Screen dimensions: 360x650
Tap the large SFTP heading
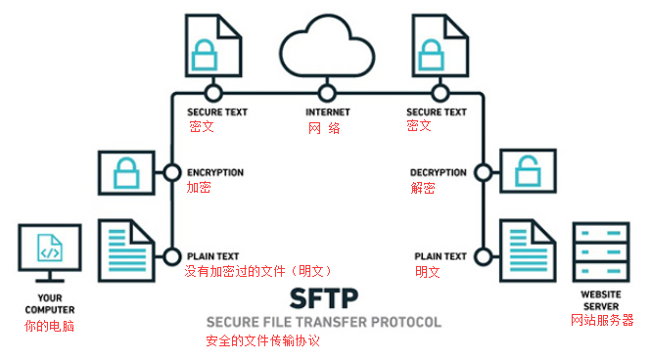pos(324,295)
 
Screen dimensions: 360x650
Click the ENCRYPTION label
pos(214,172)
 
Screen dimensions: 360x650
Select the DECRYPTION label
pos(438,172)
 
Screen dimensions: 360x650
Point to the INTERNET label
pos(327,112)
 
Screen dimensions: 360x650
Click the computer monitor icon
pos(48,252)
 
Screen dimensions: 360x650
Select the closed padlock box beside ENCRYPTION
pos(125,172)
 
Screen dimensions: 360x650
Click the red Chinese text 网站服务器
pos(601,321)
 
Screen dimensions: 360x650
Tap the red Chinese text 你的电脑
pos(49,326)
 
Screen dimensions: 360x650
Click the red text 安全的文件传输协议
pos(262,341)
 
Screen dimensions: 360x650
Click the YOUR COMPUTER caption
pos(49,302)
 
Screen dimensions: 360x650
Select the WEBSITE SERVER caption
pos(601,298)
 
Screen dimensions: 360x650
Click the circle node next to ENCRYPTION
pos(172,172)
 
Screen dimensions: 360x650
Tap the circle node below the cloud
pos(326,93)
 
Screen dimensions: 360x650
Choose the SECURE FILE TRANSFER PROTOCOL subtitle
pos(323,322)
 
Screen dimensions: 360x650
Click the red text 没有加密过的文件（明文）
pos(258,271)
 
